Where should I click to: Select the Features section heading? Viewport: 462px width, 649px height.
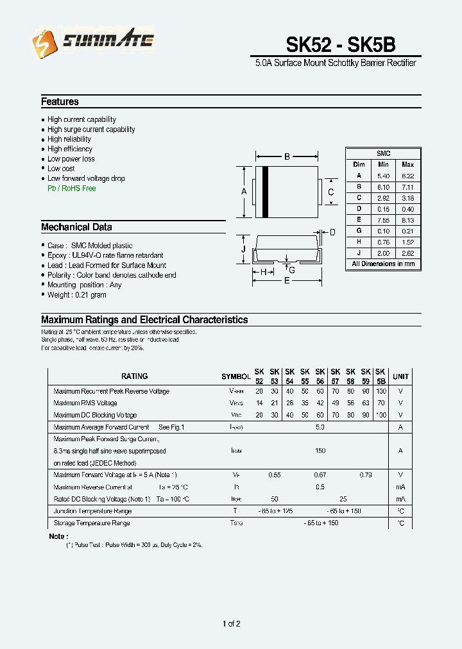pyautogui.click(x=60, y=102)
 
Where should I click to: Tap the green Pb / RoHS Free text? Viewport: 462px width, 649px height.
pyautogui.click(x=71, y=189)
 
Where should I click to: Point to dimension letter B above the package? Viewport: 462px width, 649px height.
pyautogui.click(x=287, y=157)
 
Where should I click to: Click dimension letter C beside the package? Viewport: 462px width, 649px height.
pyautogui.click(x=331, y=192)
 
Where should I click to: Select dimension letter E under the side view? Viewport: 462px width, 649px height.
pyautogui.click(x=287, y=280)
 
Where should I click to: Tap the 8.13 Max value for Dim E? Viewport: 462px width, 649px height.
pyautogui.click(x=407, y=220)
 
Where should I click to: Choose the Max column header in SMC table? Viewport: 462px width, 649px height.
pyautogui.click(x=407, y=165)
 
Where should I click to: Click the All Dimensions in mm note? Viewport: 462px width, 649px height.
pyautogui.click(x=383, y=264)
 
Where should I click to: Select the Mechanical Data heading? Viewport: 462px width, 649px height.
pyautogui.click(x=76, y=227)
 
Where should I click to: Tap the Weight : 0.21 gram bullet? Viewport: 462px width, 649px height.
pyautogui.click(x=76, y=295)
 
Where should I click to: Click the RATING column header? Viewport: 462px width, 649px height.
pyautogui.click(x=134, y=376)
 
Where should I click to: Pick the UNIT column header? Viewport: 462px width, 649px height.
pyautogui.click(x=400, y=376)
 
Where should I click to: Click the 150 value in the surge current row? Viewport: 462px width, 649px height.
pyautogui.click(x=320, y=451)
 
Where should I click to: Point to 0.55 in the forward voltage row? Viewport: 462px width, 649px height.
pyautogui.click(x=274, y=475)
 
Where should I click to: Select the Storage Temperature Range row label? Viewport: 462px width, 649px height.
pyautogui.click(x=92, y=523)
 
